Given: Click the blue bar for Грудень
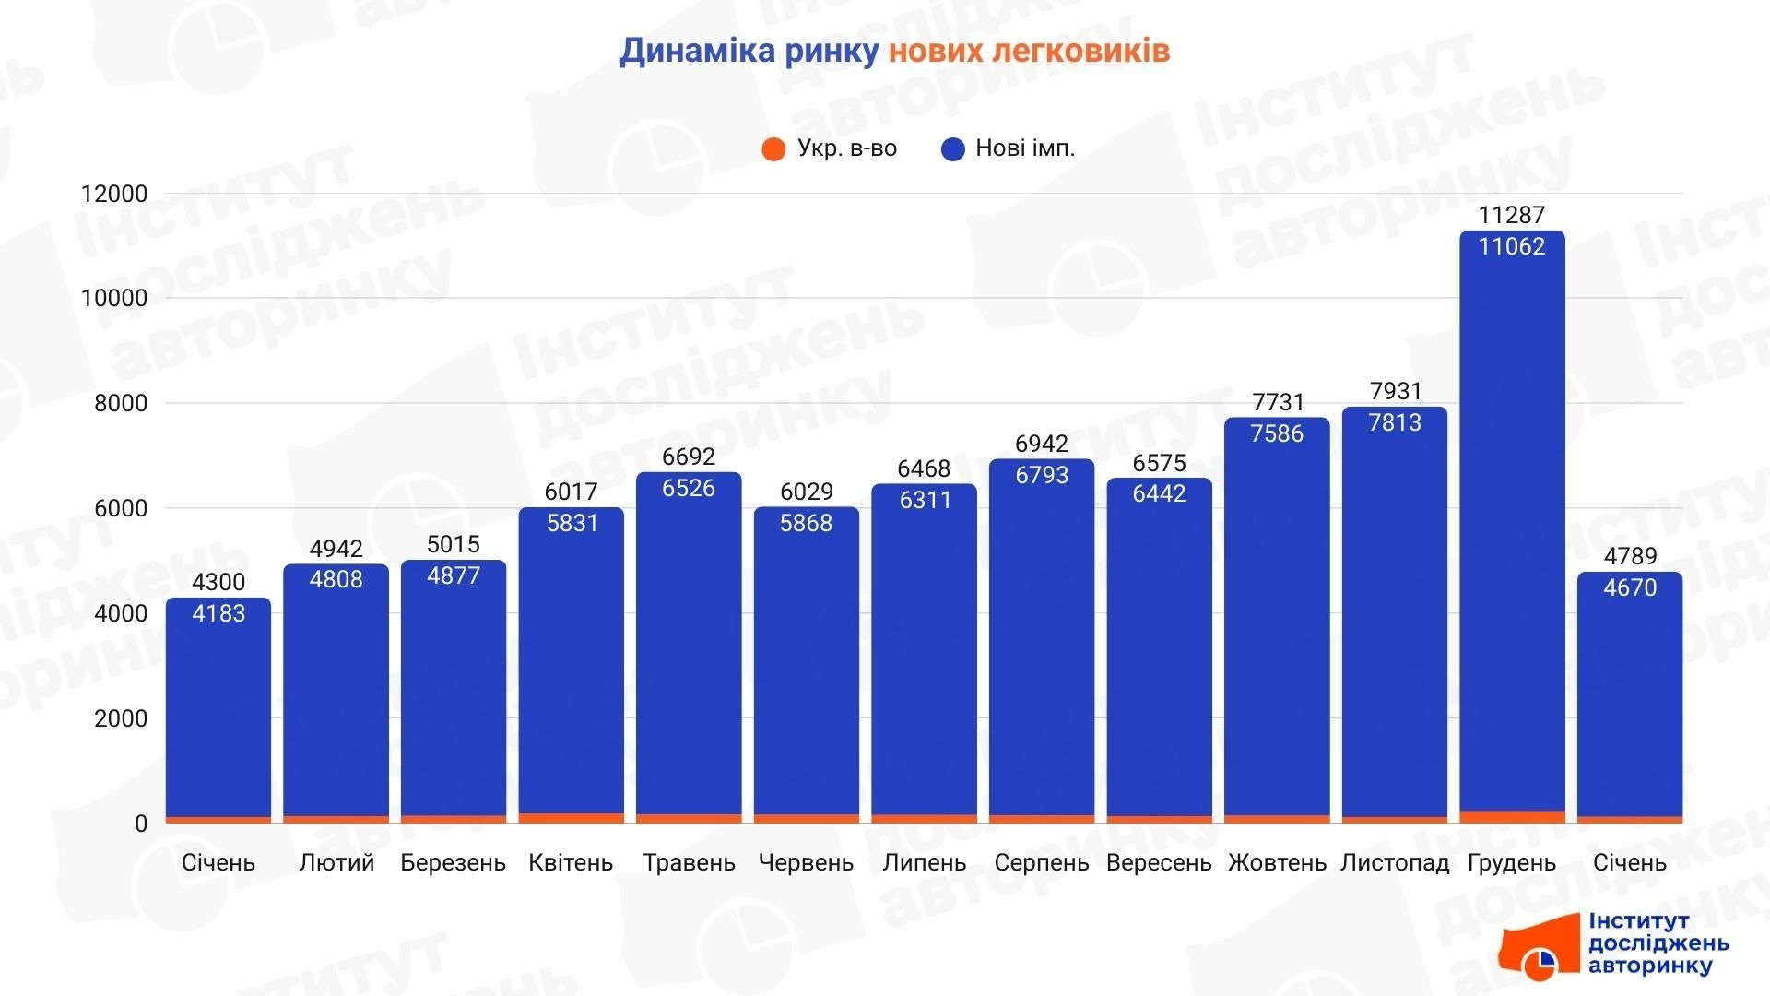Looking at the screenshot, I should click(1512, 526).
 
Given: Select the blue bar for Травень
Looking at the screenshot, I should click(689, 646).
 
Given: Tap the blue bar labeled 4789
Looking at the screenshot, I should click(1630, 701).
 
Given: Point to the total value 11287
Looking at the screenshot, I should click(1512, 215).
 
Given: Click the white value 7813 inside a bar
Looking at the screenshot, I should click(1395, 422).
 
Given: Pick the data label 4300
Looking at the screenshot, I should click(218, 582).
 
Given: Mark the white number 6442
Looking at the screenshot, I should click(1159, 493).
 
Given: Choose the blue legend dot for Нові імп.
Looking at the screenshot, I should click(952, 148).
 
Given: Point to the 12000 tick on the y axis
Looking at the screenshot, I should click(114, 194).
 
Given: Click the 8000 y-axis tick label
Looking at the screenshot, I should click(121, 403).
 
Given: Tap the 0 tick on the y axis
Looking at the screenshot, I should click(140, 824).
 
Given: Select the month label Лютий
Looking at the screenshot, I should click(336, 863).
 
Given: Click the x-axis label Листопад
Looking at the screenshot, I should click(1395, 863).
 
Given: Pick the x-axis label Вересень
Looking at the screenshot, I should click(1159, 863).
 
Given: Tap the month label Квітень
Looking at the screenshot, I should click(571, 863).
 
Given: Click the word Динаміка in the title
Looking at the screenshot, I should click(697, 51).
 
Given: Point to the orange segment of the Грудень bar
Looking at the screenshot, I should click(1512, 816).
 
